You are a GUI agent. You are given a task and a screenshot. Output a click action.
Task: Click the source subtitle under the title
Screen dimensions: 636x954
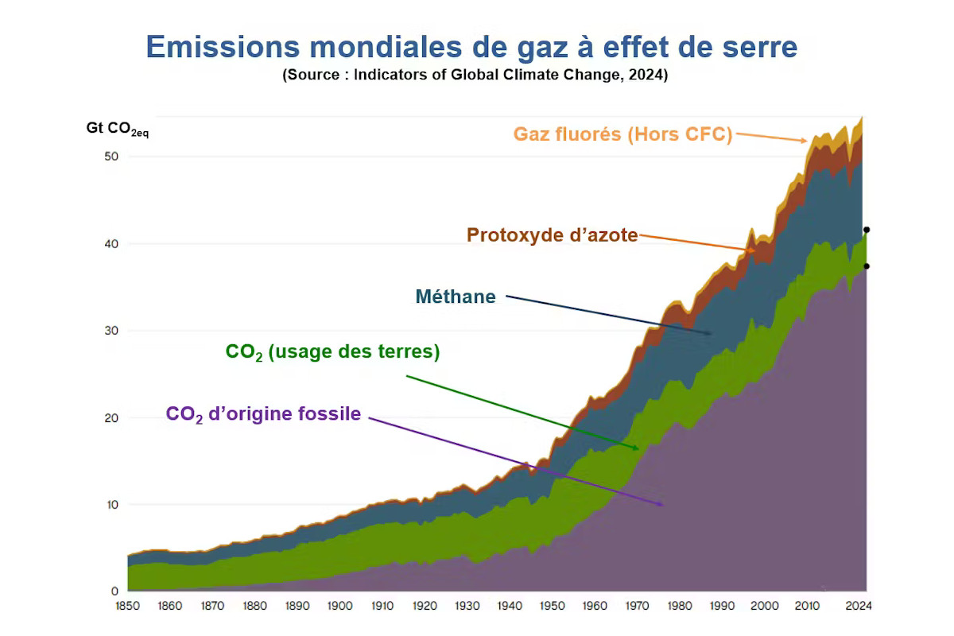click(x=475, y=76)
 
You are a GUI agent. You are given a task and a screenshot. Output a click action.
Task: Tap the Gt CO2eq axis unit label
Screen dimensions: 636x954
click(x=117, y=129)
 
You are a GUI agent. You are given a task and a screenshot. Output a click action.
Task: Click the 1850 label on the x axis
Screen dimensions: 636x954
click(x=128, y=606)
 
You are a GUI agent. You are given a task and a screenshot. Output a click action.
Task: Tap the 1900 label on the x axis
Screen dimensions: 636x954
click(x=340, y=606)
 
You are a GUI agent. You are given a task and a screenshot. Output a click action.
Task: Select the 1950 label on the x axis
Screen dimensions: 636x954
click(x=553, y=606)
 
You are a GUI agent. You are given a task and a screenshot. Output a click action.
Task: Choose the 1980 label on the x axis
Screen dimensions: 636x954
click(x=680, y=606)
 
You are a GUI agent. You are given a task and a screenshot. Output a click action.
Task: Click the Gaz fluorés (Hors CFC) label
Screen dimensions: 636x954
click(x=622, y=134)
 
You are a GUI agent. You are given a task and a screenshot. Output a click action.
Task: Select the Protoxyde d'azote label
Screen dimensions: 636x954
click(x=552, y=235)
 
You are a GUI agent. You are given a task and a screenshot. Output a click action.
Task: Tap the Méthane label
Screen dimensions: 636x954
click(x=456, y=297)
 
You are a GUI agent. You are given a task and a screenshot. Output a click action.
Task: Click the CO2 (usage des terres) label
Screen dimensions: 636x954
click(x=332, y=351)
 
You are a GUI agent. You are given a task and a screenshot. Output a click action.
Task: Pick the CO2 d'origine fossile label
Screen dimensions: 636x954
click(x=263, y=414)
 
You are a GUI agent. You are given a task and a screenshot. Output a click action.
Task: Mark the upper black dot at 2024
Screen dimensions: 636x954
click(x=867, y=230)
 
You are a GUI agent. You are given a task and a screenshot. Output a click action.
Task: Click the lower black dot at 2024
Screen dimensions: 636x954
click(x=867, y=266)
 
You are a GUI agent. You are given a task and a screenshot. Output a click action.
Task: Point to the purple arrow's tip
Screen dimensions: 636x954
click(x=664, y=504)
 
